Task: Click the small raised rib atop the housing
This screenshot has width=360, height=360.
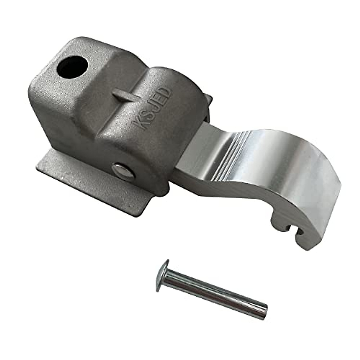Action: (x=124, y=95)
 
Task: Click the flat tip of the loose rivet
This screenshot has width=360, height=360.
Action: (x=264, y=317)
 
